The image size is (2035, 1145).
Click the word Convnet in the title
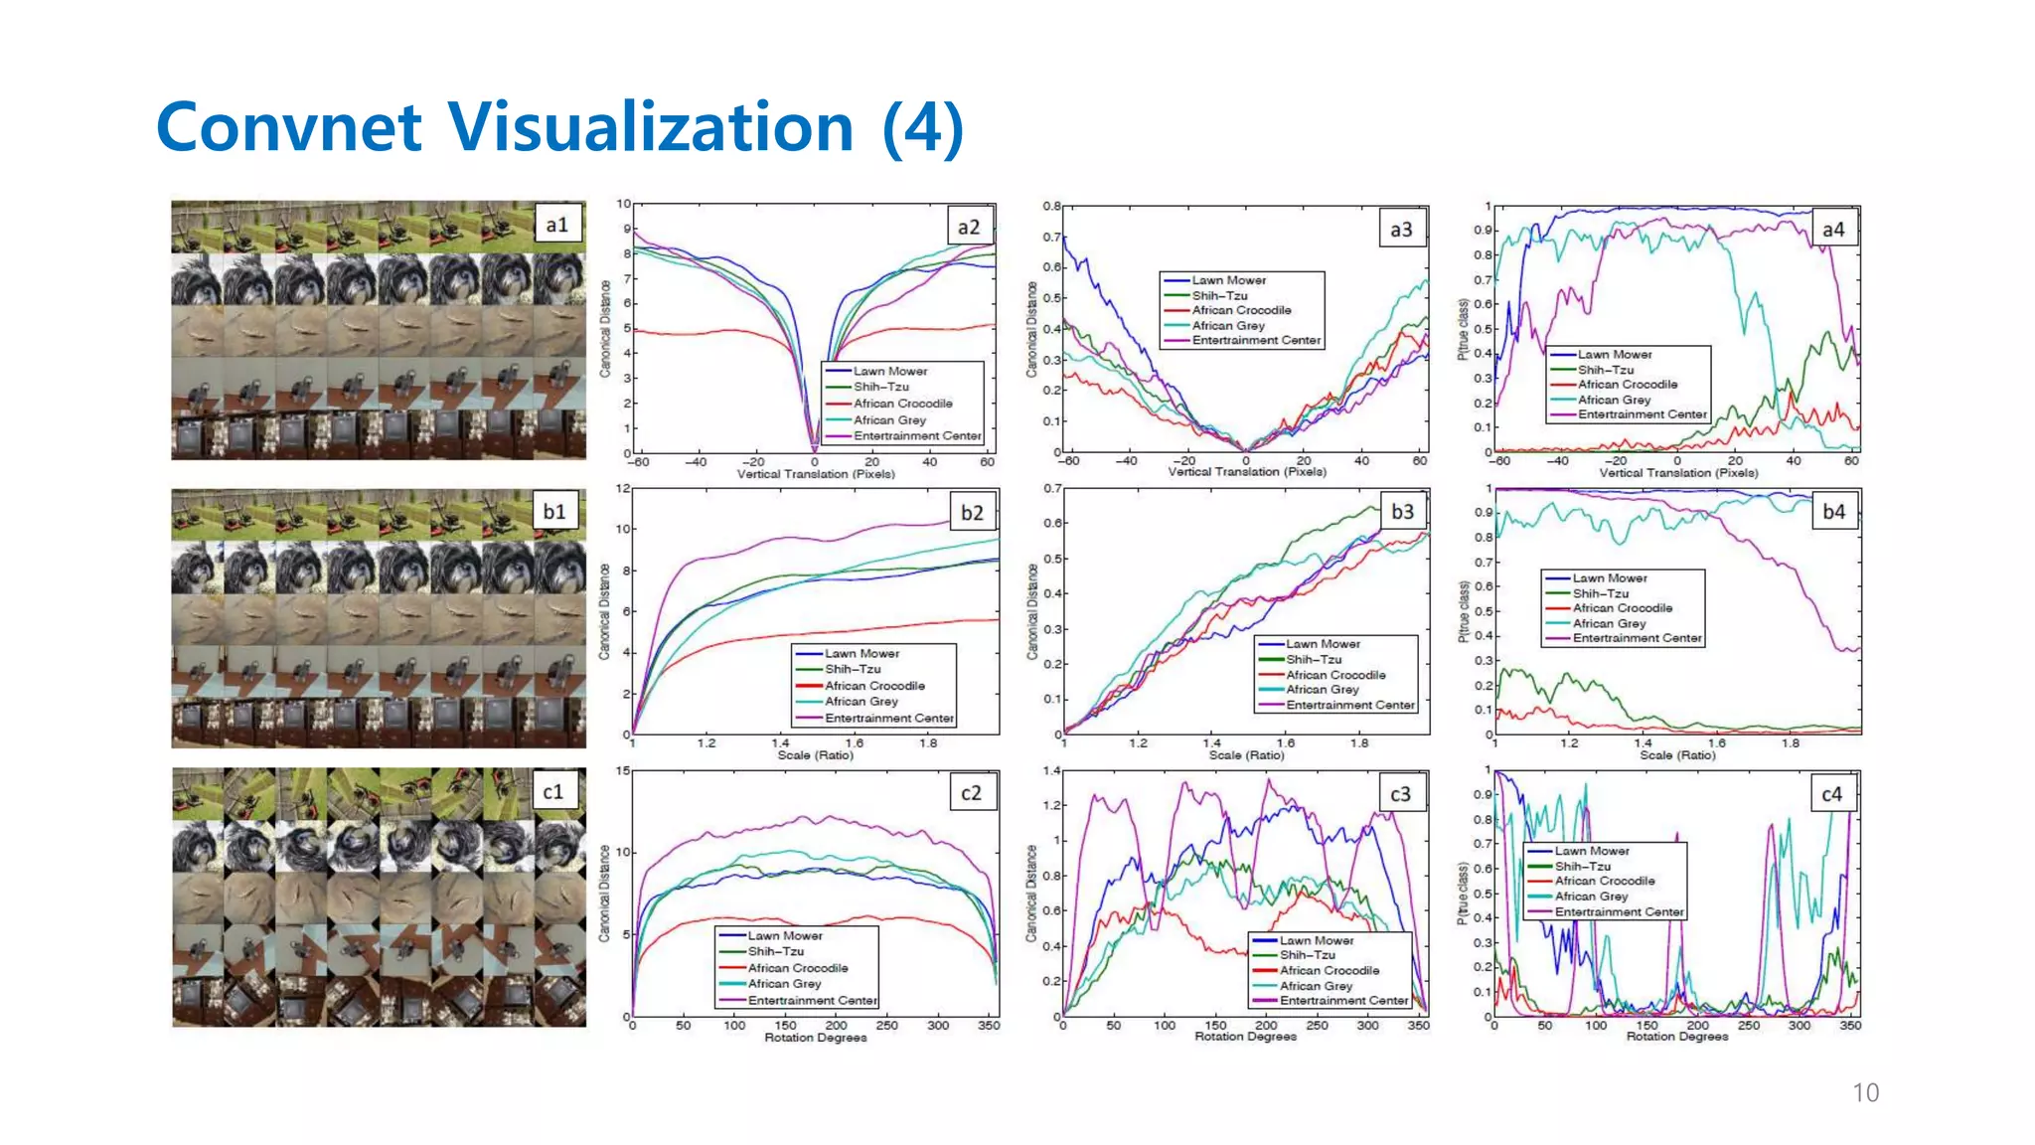coord(289,127)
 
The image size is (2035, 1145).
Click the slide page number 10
coord(1865,1092)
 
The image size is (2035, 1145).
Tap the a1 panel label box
coord(557,225)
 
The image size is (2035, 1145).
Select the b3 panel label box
coord(1402,511)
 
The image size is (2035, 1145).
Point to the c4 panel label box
coord(1831,794)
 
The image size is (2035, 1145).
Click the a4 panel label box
coord(1833,230)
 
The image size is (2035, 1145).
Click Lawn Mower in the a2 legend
coord(889,371)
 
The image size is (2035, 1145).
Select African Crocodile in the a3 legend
coord(1241,310)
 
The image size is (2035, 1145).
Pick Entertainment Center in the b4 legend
coord(1637,638)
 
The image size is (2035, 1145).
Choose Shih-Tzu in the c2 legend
coord(775,951)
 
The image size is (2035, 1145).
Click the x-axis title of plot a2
coord(815,474)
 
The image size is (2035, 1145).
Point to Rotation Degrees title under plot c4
coord(1676,1037)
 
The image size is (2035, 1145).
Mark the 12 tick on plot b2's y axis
coord(623,488)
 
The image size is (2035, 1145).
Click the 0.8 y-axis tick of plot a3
coord(1051,206)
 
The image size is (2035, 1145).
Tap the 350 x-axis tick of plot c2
coord(989,1025)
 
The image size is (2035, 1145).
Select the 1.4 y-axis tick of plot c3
coord(1051,770)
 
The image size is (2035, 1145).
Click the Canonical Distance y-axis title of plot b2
coord(604,611)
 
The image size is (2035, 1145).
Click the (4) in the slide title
coord(922,127)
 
